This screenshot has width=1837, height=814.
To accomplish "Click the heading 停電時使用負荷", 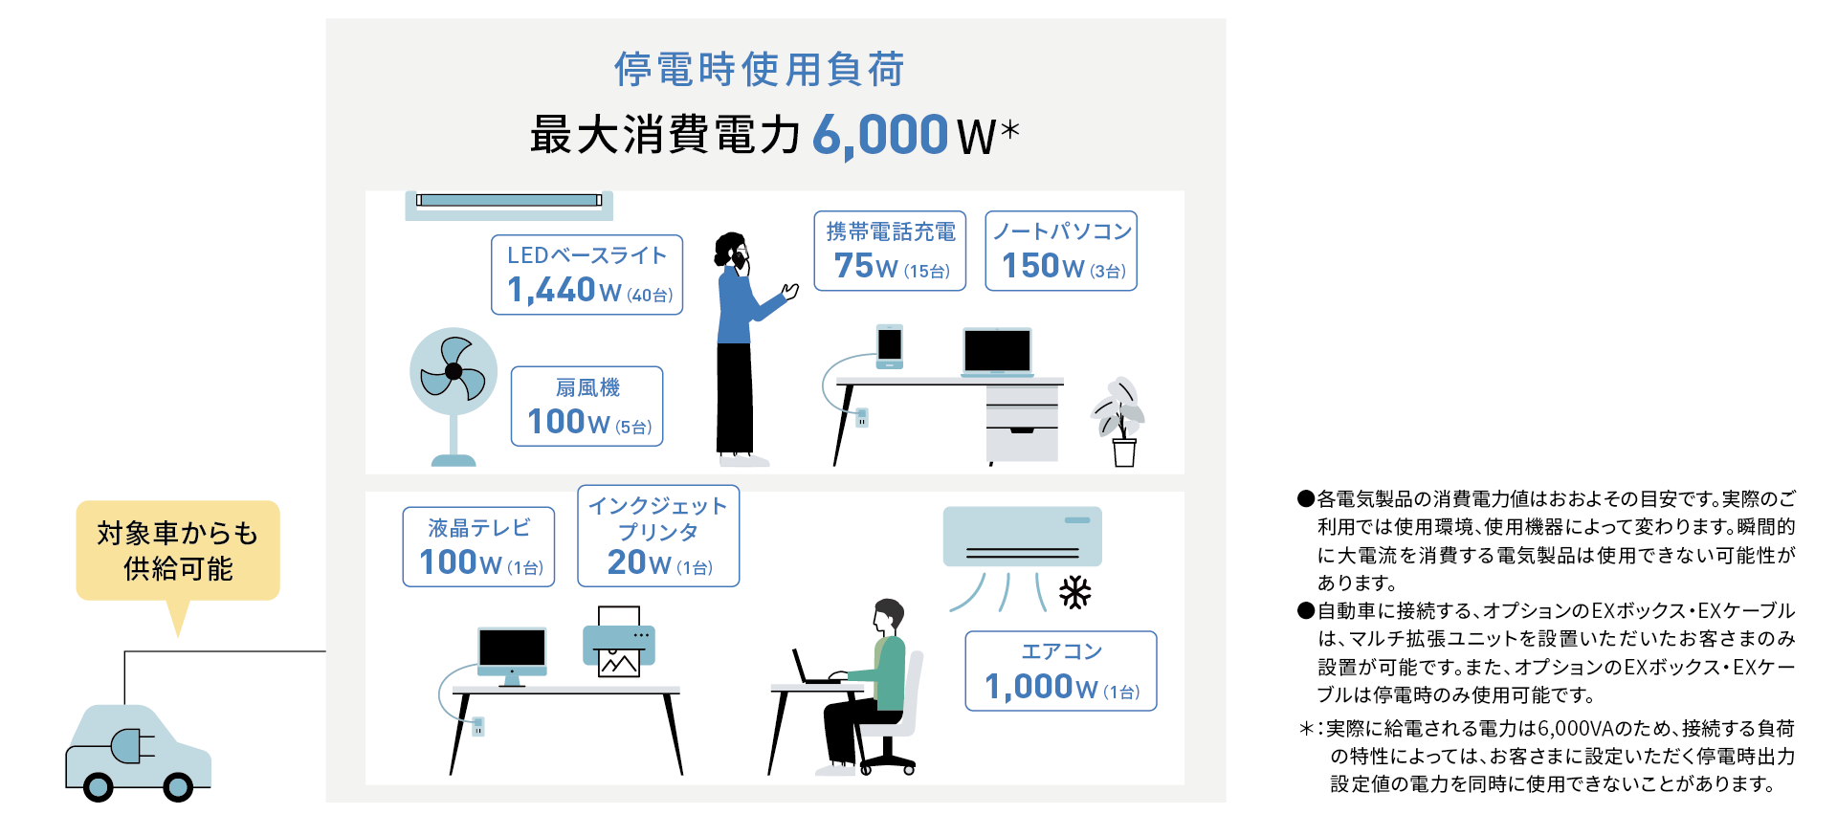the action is click(759, 69).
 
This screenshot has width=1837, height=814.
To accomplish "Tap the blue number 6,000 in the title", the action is click(880, 135).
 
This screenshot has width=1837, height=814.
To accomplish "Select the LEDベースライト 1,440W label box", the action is click(587, 275).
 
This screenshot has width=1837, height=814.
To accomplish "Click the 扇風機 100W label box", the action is click(587, 406).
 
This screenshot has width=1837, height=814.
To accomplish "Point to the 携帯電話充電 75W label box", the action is click(890, 251).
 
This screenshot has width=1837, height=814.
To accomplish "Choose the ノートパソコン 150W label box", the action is click(1061, 251).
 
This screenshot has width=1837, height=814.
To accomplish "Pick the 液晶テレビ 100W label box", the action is click(478, 546).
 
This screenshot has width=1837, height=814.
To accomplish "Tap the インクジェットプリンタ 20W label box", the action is click(658, 536).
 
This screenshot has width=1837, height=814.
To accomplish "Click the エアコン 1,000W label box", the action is click(1061, 671).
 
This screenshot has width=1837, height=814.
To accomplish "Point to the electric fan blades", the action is click(454, 371).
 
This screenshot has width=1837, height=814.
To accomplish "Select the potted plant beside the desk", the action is click(1119, 422).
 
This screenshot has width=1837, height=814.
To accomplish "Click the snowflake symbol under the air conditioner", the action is click(1075, 593).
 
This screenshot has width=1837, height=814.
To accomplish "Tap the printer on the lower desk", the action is click(619, 642).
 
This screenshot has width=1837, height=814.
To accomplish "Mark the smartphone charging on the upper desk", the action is click(890, 346).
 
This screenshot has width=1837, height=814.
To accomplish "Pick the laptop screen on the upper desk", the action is click(998, 350).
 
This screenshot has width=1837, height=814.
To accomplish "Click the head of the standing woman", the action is click(732, 252).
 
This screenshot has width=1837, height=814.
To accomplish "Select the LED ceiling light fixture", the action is click(509, 204).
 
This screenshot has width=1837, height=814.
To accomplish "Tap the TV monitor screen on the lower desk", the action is click(513, 650).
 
